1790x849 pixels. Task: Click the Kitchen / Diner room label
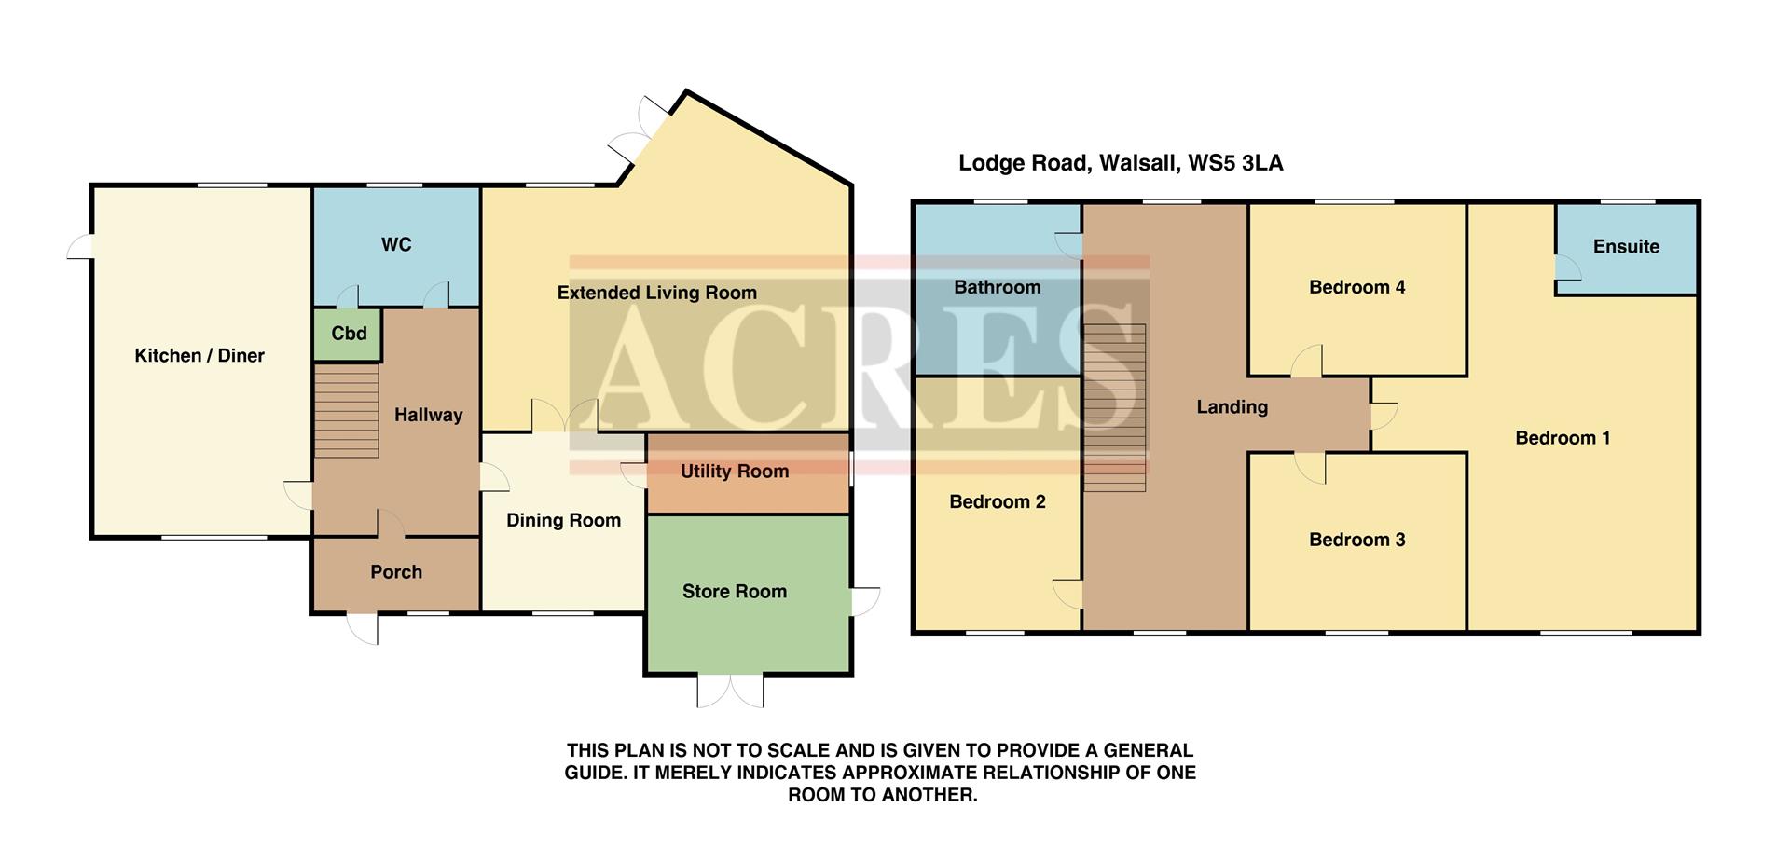200,356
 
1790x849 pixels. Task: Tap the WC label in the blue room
396,245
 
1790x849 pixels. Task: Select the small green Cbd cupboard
349,334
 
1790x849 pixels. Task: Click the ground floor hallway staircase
346,411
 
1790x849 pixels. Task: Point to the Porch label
396,572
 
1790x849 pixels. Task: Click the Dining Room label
563,521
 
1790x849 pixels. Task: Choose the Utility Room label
734,472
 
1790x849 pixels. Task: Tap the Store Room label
734,592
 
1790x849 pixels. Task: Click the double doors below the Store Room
731,690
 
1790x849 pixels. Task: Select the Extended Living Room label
656,294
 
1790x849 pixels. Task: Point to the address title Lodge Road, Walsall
1120,164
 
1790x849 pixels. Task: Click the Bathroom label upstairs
997,288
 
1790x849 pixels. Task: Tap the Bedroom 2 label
997,502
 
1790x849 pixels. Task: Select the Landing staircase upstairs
1114,407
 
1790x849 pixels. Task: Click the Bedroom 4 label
1356,288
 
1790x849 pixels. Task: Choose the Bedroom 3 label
1356,541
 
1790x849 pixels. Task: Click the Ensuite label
1626,247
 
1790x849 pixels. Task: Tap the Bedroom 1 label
1563,439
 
